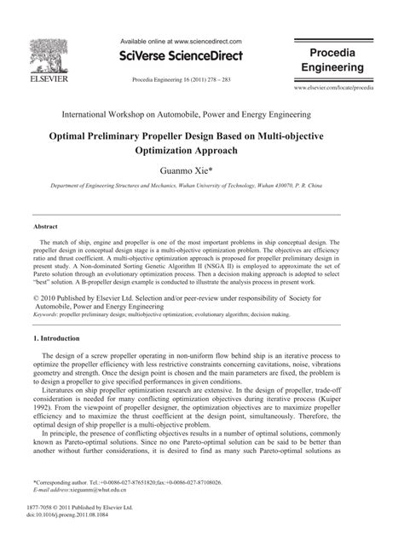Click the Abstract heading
point(45,227)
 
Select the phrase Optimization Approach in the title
point(201,150)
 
